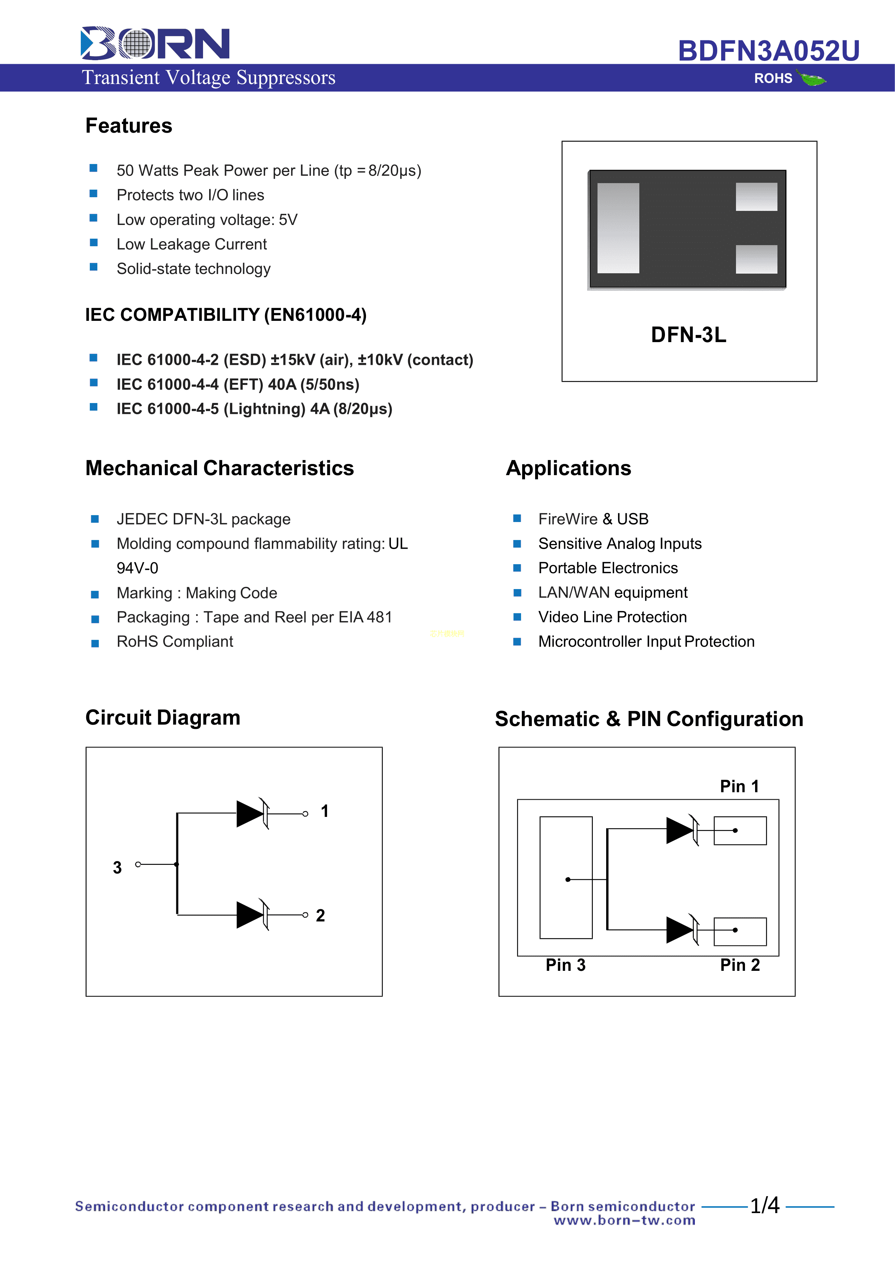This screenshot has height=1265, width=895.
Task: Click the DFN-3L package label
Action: tap(688, 335)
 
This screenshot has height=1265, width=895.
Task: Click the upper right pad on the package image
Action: tap(756, 197)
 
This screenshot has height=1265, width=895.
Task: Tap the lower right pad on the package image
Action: tap(756, 259)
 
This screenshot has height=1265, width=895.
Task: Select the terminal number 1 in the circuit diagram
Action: tap(325, 811)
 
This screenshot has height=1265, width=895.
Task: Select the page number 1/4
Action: tap(765, 1206)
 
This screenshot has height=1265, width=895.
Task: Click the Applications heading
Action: tap(568, 468)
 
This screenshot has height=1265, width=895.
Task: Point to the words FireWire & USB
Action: tap(593, 519)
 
